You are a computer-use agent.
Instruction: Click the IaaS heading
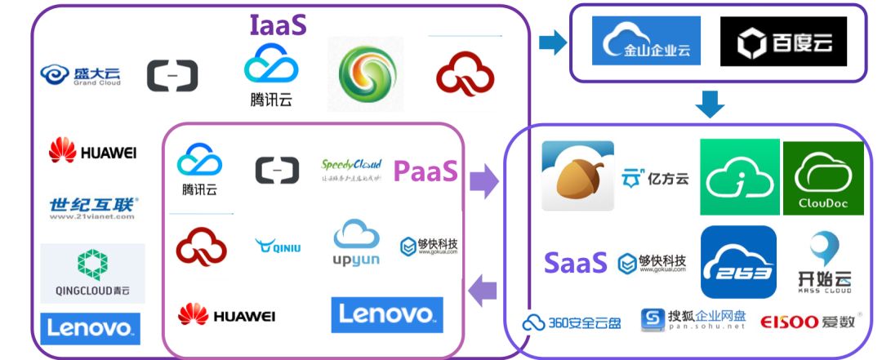tap(278, 23)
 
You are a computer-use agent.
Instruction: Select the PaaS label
tap(425, 171)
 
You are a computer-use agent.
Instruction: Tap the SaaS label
tap(576, 263)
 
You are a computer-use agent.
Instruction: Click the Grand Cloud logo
tap(81, 76)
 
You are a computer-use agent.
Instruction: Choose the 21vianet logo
tap(93, 208)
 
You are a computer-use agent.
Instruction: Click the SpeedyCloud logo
tap(351, 170)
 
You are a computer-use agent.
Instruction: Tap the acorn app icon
tap(577, 176)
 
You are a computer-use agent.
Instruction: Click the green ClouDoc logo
tap(822, 177)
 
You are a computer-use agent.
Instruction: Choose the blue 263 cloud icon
tap(738, 262)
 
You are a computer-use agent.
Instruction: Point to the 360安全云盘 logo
tap(572, 322)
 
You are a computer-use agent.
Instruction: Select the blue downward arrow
tap(710, 104)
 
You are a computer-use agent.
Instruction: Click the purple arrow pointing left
tap(484, 289)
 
